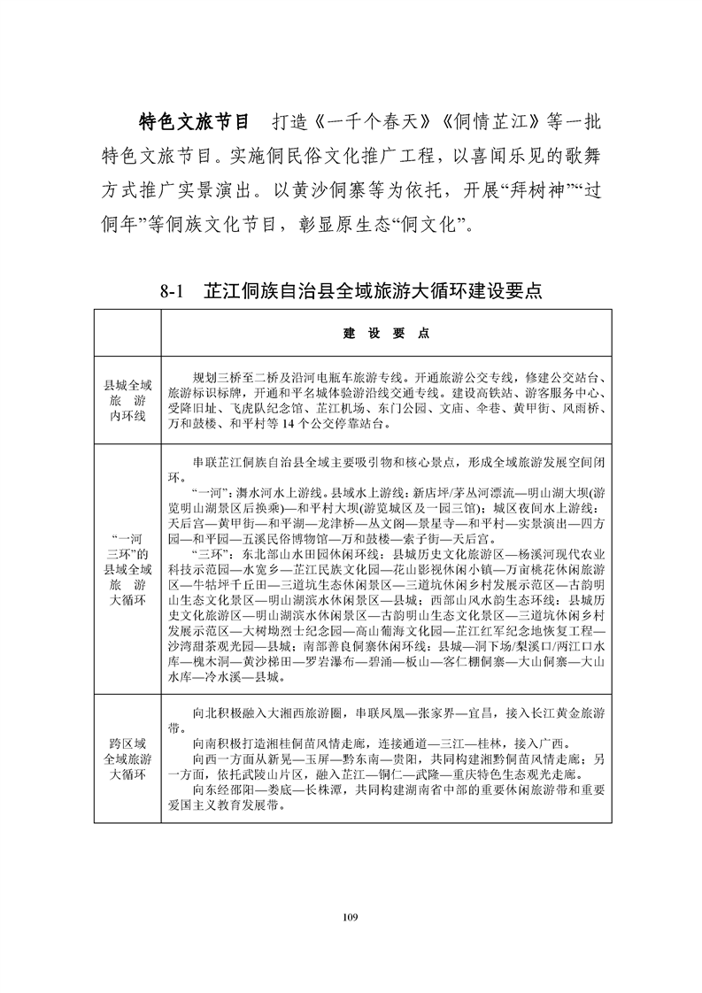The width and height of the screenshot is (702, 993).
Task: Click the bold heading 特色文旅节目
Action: point(195,120)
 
